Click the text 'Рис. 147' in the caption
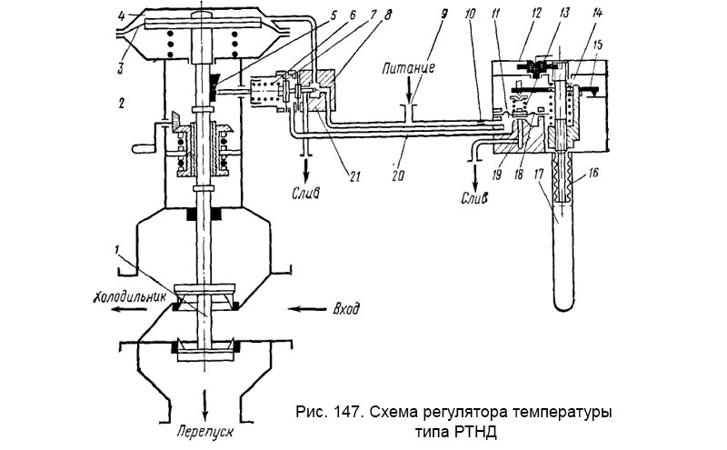click(x=323, y=413)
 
